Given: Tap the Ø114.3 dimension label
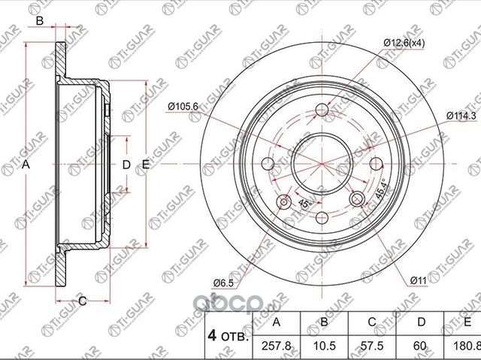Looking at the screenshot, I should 460,114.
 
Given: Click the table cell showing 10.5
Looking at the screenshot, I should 325,345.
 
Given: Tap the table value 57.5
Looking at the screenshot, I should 374,345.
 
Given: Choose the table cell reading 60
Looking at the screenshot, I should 422,345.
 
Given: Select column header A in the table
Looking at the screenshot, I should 277,322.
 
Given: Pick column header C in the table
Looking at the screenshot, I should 374,322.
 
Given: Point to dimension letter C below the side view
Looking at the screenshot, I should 83,301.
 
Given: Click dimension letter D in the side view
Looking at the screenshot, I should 126,164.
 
